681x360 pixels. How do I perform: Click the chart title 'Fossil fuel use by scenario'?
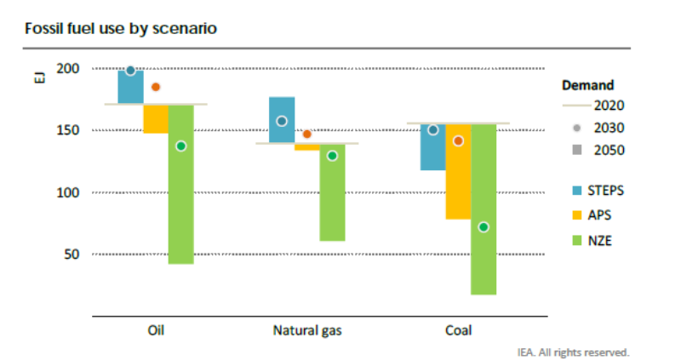120,29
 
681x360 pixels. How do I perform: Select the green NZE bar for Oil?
180,204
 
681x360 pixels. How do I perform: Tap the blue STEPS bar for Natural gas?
282,120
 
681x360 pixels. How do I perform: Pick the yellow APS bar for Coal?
458,170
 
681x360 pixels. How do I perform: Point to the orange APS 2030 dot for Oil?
156,87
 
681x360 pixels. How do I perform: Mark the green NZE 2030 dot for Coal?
484,226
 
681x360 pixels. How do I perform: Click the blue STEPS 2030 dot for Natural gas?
282,121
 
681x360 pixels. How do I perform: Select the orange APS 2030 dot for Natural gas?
307,134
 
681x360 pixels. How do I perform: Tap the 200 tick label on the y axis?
68,68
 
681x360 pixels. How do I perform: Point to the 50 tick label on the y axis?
72,254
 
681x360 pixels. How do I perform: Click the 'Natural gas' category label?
307,330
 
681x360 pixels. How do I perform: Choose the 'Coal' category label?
458,330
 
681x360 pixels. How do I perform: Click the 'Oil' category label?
156,330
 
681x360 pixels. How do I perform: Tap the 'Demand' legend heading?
588,85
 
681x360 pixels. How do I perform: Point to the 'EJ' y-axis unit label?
38,81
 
